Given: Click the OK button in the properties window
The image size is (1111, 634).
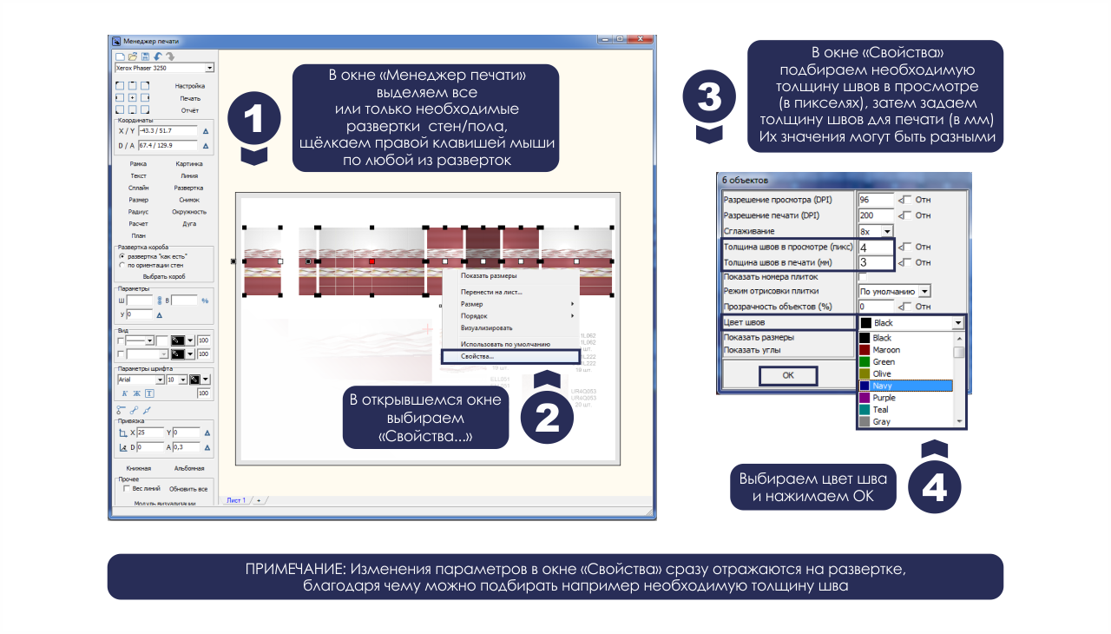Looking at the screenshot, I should tap(787, 376).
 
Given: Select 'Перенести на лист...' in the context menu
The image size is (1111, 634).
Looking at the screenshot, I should tap(491, 292).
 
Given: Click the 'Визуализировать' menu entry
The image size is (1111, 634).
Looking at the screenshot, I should tap(486, 328).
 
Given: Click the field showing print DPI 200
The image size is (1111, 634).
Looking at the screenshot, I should tap(876, 215).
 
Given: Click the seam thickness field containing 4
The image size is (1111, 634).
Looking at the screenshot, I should tap(876, 248).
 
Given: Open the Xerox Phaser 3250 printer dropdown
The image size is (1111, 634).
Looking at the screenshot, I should tap(209, 68).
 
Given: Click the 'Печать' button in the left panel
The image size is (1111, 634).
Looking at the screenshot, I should tap(190, 98).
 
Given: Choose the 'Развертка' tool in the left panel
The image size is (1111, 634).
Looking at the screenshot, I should tap(189, 188).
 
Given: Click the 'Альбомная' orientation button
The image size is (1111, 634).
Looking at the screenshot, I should tap(188, 468).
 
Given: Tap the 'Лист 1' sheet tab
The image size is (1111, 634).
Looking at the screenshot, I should tap(236, 500).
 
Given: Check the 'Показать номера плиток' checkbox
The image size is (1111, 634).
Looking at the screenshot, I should tap(863, 276).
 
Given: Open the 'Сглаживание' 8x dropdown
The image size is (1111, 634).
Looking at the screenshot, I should tap(887, 232).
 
